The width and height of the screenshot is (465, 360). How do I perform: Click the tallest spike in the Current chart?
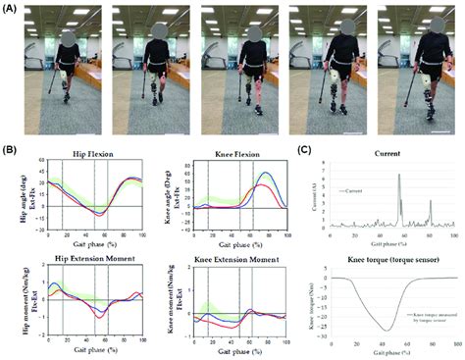[399, 175]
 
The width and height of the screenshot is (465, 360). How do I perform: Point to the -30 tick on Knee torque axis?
[328, 336]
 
